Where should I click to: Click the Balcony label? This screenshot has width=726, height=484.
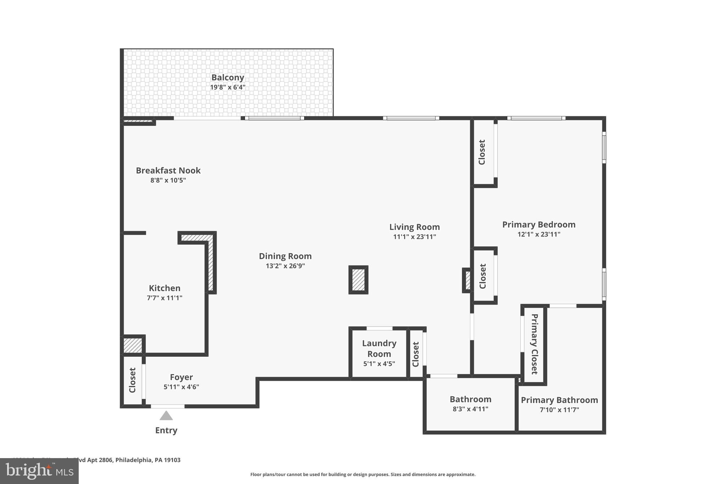pos(228,78)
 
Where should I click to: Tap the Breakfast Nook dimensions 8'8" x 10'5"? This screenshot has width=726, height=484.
pos(168,180)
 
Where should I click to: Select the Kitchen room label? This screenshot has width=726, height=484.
pos(164,288)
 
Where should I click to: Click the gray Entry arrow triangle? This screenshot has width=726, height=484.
pos(166,416)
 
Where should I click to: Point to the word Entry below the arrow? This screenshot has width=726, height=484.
pos(166,430)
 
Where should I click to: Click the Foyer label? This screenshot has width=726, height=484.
pos(181,377)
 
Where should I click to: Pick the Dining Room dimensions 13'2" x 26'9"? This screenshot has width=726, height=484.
pos(285,266)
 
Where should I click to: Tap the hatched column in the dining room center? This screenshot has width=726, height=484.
pos(358,280)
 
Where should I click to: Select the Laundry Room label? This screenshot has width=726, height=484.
pos(379,348)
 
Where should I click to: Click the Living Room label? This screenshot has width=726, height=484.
pos(414,227)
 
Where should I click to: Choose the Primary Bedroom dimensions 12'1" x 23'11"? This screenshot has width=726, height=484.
pos(538,234)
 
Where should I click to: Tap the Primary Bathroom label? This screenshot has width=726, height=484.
pos(559,400)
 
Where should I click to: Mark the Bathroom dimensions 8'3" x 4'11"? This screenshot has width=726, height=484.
pos(470,409)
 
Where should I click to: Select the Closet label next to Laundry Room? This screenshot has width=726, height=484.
pos(416,354)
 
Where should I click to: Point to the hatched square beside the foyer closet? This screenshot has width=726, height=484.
pos(133,345)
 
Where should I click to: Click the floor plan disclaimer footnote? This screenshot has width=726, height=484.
pos(363,474)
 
